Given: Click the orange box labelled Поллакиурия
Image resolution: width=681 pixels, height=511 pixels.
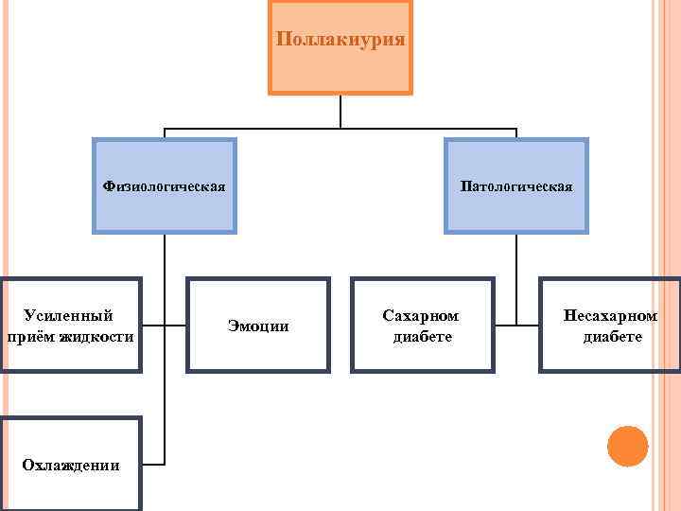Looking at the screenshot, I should coord(340,47).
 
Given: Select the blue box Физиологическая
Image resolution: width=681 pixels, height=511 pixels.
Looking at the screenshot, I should coord(164,185).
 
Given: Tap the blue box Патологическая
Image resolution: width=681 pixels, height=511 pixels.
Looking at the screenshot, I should coord(516,185).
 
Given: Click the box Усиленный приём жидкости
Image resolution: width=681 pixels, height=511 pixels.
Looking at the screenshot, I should coord(71,326).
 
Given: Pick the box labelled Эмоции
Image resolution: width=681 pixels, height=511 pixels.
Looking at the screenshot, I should coord(258,326).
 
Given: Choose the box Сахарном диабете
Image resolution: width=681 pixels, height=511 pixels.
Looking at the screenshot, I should coord(422,326).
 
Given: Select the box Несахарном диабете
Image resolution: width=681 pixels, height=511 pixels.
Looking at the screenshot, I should coord(610,326).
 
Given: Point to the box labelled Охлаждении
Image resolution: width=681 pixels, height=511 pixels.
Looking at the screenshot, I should coord(71,464).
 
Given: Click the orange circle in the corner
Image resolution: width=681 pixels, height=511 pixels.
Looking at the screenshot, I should coord(626,446).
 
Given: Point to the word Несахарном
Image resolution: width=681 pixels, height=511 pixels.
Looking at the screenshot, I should coord(610,315).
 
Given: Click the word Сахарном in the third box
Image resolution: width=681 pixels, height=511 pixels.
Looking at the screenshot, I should coord(421,315).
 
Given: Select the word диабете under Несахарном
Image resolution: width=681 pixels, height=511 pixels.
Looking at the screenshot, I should coord(612,337).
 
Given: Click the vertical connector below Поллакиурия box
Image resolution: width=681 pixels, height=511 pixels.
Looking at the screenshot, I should coord(340,112).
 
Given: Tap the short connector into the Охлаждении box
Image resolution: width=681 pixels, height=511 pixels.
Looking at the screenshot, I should coord(153,464).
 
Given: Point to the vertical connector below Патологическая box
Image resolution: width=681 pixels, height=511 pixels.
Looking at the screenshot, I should coord(516,274).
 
